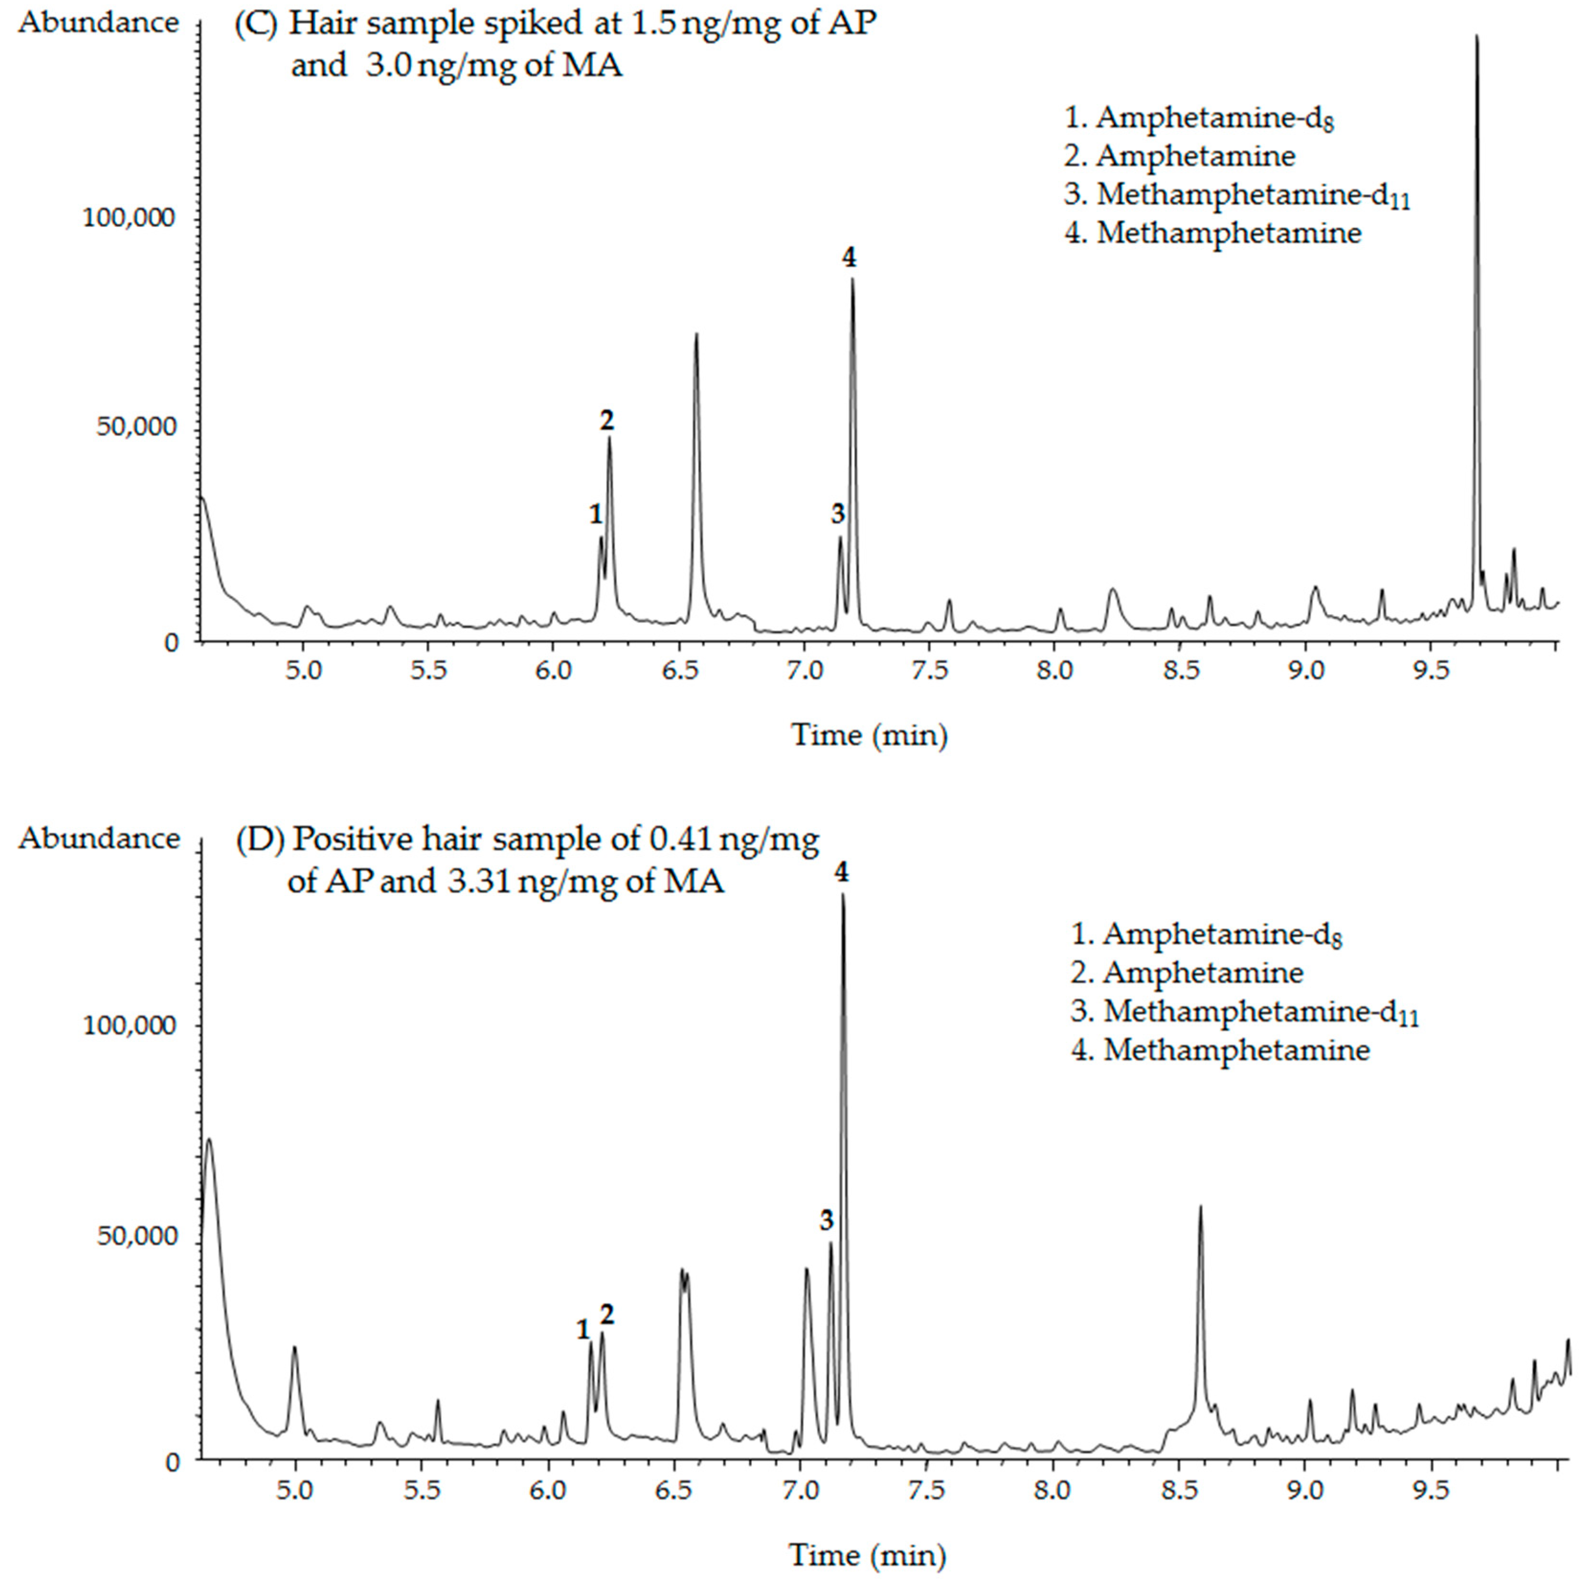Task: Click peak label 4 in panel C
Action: pyautogui.click(x=849, y=258)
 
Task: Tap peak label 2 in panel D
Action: pyautogui.click(x=606, y=1313)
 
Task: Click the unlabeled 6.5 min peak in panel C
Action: pyautogui.click(x=696, y=335)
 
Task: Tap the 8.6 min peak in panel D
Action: pyautogui.click(x=1200, y=1207)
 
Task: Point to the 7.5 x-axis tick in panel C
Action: pyautogui.click(x=930, y=670)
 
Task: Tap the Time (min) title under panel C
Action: pyautogui.click(x=869, y=734)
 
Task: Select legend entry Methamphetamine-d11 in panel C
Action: pyautogui.click(x=1237, y=195)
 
